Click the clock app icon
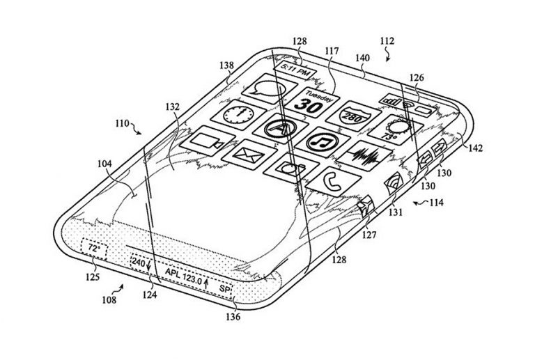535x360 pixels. click(x=238, y=115)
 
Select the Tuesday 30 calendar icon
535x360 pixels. click(x=313, y=102)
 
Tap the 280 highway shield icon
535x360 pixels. click(x=354, y=116)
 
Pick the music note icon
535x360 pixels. click(x=323, y=142)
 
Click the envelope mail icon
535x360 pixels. click(x=249, y=155)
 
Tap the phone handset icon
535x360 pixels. click(x=333, y=182)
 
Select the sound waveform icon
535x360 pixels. click(x=364, y=156)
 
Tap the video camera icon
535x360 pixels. click(x=207, y=141)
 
